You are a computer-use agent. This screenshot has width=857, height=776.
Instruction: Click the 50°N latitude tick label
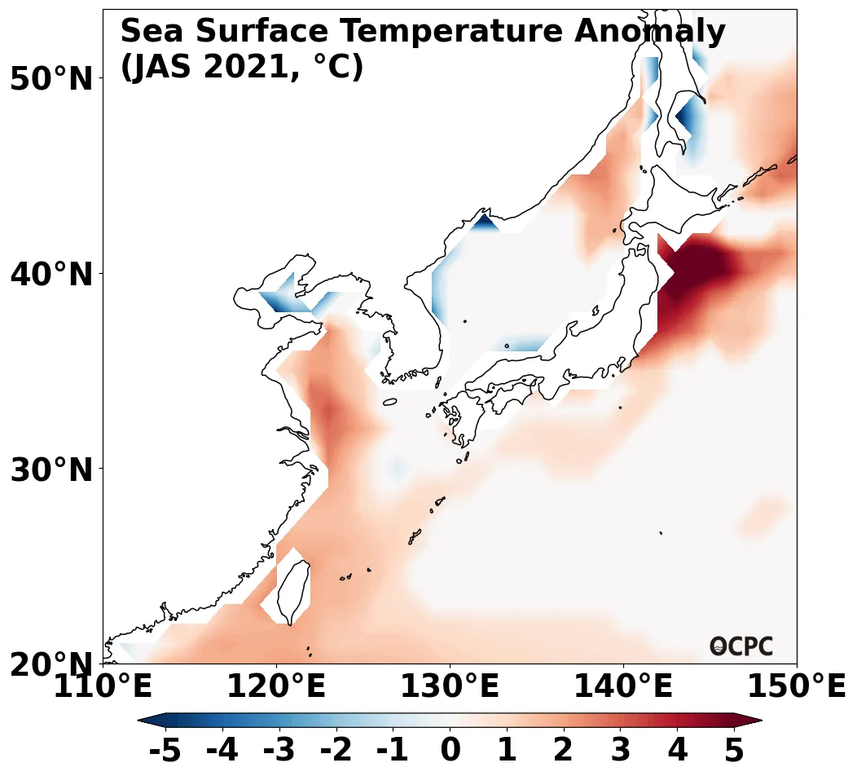[51, 79]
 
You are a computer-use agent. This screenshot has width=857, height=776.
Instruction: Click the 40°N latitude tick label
[51, 275]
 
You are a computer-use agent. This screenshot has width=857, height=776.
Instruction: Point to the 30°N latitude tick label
[51, 470]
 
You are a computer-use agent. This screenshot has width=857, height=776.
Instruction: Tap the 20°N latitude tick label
[51, 665]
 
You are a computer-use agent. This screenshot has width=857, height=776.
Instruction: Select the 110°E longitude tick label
[103, 686]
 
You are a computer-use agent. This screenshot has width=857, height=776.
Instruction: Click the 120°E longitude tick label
[276, 686]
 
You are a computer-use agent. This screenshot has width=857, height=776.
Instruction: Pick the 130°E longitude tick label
[450, 686]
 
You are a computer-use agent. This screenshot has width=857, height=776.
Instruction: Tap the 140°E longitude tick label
[623, 686]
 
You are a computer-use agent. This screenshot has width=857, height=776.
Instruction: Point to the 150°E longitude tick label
[796, 686]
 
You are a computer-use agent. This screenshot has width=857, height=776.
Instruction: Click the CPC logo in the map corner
[741, 646]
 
